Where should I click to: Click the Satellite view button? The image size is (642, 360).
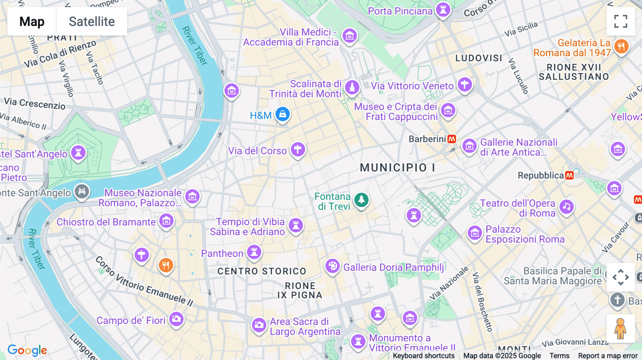92,21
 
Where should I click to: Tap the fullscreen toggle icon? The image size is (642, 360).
621,21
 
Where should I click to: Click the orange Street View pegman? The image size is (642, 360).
621,328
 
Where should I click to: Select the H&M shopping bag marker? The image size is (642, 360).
282,114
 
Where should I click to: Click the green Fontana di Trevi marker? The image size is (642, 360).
361,200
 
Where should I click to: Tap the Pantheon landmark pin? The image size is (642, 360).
254,252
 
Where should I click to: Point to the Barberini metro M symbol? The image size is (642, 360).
452,139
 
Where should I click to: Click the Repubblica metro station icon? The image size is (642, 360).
570,175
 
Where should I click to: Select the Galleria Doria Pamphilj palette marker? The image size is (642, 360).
332,266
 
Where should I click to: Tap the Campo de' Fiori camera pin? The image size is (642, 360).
176,319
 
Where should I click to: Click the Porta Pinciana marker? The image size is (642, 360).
443,10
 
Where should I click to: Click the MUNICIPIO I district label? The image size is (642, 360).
397,168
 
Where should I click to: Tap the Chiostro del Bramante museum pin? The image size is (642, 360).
166,221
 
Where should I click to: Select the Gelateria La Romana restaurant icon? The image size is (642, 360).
621,46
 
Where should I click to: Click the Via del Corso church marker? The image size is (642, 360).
297,149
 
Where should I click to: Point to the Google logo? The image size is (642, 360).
27,350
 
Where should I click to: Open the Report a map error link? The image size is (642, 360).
608,356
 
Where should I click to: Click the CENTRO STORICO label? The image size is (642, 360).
262,271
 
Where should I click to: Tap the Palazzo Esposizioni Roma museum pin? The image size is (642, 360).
475,233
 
